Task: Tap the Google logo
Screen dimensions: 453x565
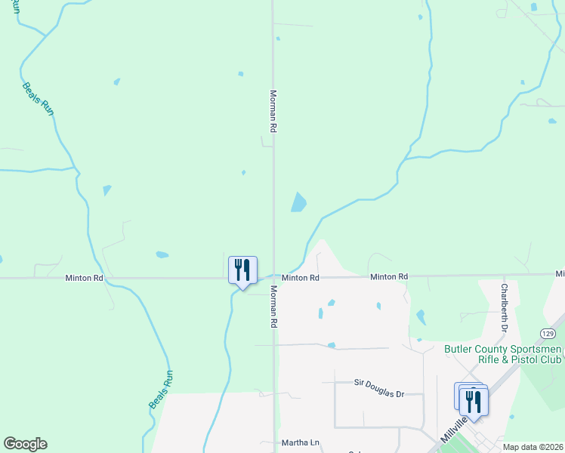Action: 25,444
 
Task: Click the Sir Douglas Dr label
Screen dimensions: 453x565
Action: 380,384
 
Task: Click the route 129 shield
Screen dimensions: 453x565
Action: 548,333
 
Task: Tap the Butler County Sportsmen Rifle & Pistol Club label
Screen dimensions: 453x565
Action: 503,354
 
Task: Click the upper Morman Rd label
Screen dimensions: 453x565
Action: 273,112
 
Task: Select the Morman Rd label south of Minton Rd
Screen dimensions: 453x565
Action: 273,306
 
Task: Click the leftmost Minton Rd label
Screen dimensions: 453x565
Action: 84,278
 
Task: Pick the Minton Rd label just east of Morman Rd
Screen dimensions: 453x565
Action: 301,278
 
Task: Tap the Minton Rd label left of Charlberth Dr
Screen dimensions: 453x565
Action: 389,277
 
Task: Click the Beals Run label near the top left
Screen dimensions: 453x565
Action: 39,98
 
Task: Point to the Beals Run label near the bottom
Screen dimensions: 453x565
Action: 161,389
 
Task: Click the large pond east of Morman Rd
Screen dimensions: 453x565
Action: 299,202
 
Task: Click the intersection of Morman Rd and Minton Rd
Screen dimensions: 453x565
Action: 273,277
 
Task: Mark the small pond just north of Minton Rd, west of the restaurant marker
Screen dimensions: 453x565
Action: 162,254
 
